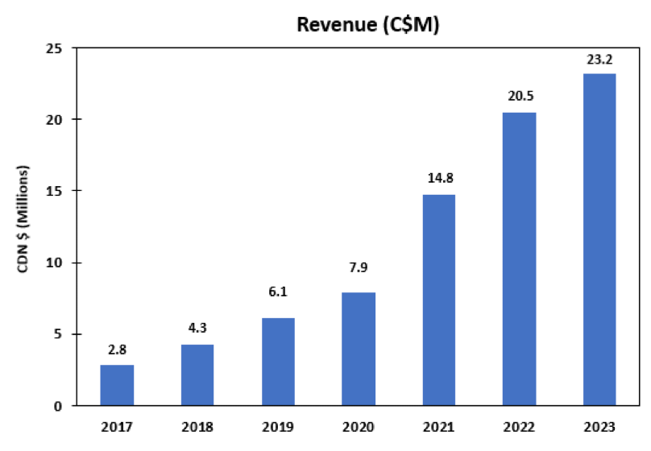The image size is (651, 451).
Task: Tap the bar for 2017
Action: click(117, 385)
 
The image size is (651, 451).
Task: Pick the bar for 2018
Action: click(197, 374)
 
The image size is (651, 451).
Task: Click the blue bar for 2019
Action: click(278, 362)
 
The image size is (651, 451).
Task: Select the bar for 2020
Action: click(359, 349)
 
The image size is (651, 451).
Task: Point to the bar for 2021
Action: click(439, 300)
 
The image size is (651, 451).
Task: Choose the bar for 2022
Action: click(520, 259)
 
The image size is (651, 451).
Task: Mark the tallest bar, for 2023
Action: click(599, 239)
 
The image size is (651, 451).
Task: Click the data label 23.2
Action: click(599, 60)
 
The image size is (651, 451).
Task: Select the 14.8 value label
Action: click(439, 178)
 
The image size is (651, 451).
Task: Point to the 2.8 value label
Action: click(117, 350)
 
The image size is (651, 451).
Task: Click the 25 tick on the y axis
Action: click(57, 48)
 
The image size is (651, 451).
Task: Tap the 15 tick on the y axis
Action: click(57, 191)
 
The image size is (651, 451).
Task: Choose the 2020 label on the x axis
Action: click(359, 426)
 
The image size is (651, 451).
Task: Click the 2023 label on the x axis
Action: click(599, 426)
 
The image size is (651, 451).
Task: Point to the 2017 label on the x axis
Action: click(117, 426)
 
